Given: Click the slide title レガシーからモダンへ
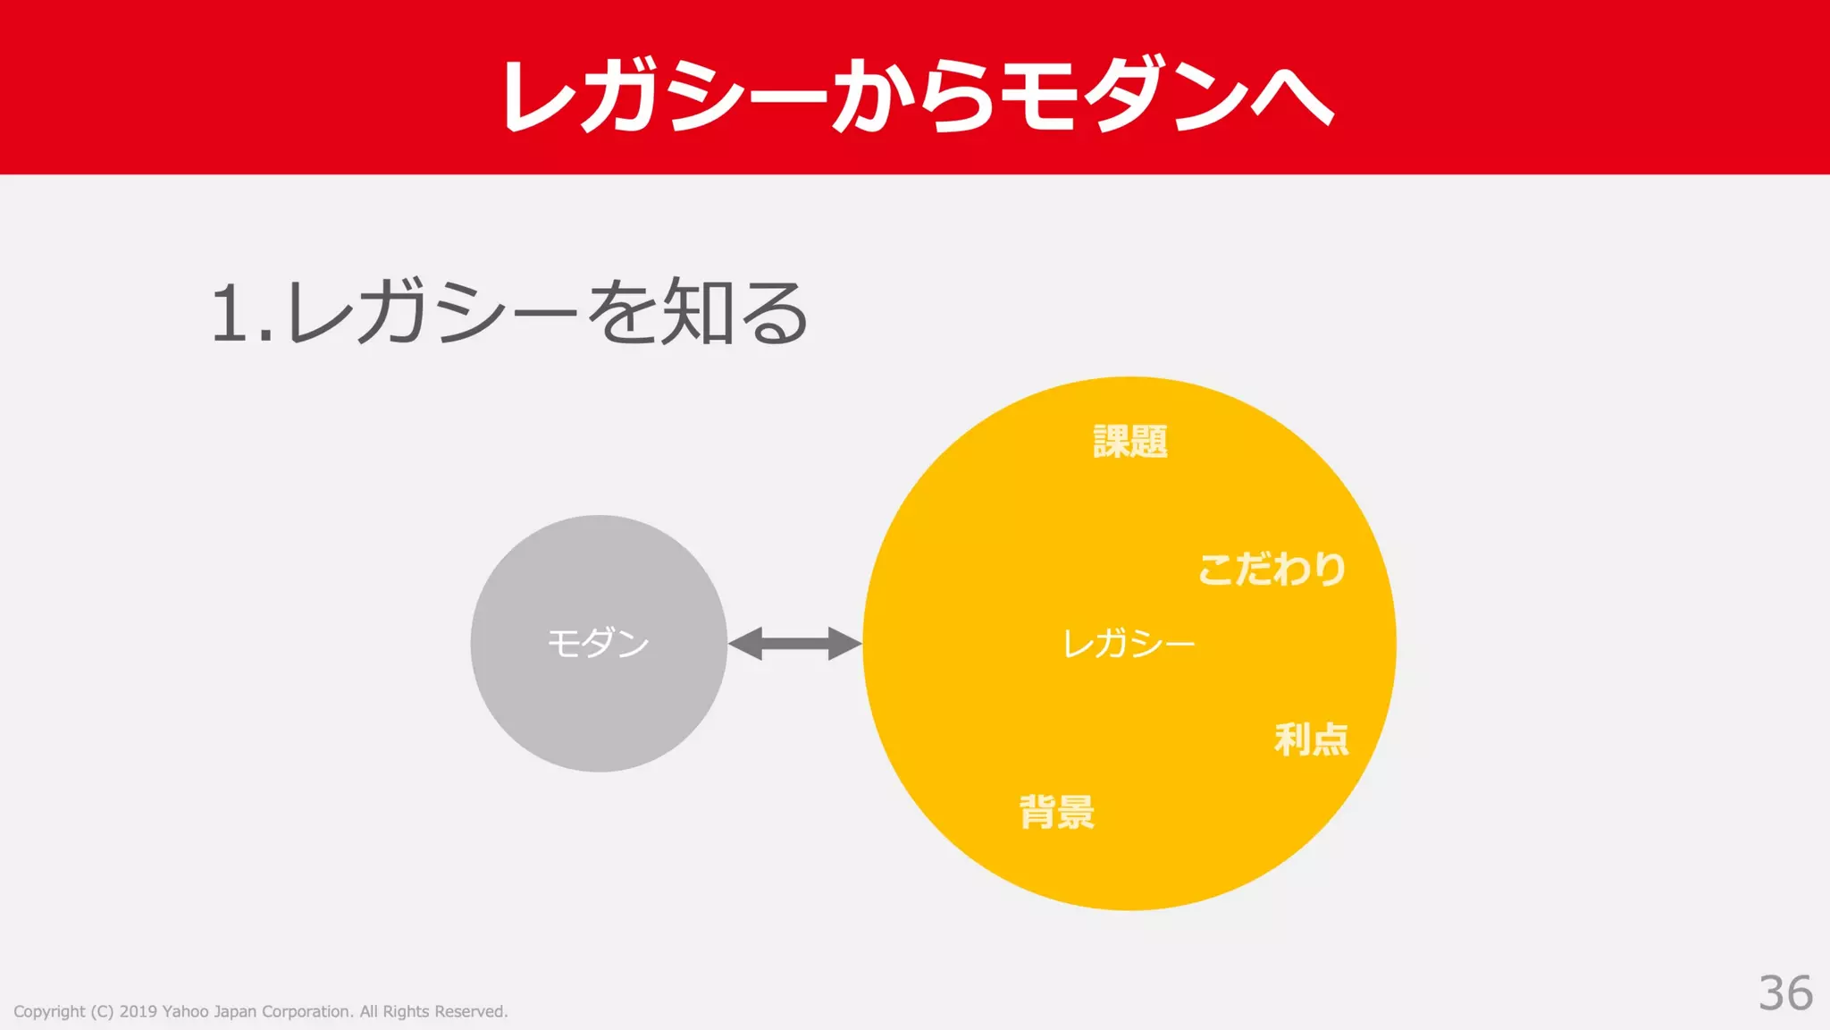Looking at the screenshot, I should point(915,95).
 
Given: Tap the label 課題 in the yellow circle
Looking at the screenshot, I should point(1130,442).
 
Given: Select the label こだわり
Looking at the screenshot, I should point(1272,569).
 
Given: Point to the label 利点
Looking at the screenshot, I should point(1311,739).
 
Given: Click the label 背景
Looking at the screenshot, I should point(1057,812).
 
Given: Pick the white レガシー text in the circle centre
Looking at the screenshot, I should point(1129,644).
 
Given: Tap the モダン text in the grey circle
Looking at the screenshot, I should point(598,643).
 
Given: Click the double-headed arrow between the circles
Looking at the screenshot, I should point(794,644).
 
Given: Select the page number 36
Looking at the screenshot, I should point(1784,992).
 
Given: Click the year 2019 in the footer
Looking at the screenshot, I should point(138,1011).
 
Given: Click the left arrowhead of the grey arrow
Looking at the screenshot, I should point(746,644).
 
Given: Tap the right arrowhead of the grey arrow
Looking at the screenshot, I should point(844,644).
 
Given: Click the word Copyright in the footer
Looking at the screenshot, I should point(49,1012).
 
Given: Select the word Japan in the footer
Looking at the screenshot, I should point(235,1012).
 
